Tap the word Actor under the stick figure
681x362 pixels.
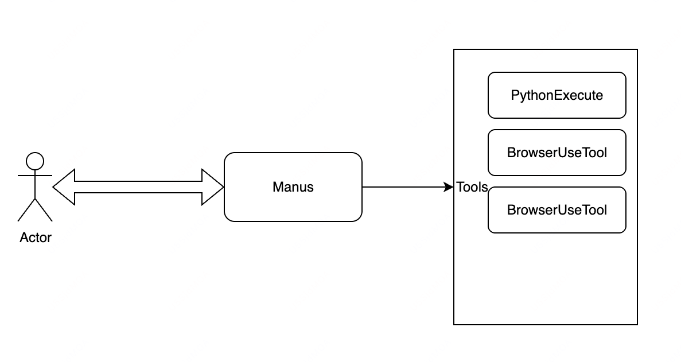(36, 238)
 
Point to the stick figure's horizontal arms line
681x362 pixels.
(35, 176)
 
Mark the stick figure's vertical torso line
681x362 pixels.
(35, 185)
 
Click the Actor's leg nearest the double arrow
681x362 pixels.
(44, 210)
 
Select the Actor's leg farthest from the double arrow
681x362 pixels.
(26, 210)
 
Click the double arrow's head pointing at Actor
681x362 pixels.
(64, 187)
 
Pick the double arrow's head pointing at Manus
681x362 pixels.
(213, 187)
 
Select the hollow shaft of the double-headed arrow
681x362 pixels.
(138, 187)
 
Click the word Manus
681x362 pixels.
(293, 187)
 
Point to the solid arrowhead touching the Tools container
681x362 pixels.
(449, 187)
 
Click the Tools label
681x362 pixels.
(472, 187)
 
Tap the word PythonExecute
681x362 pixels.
(557, 95)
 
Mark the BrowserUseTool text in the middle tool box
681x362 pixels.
(557, 153)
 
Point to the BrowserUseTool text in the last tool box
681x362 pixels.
(557, 210)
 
